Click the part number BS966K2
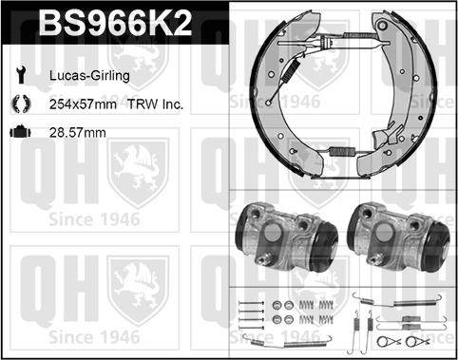point(115,23)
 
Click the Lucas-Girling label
point(89,76)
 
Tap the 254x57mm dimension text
point(83,104)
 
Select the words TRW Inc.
point(155,104)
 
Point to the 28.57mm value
point(78,133)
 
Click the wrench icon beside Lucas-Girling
point(21,75)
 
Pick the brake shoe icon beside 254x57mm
point(21,104)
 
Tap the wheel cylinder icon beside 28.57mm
point(21,132)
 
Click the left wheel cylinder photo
point(286,237)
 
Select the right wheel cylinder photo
point(398,237)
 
